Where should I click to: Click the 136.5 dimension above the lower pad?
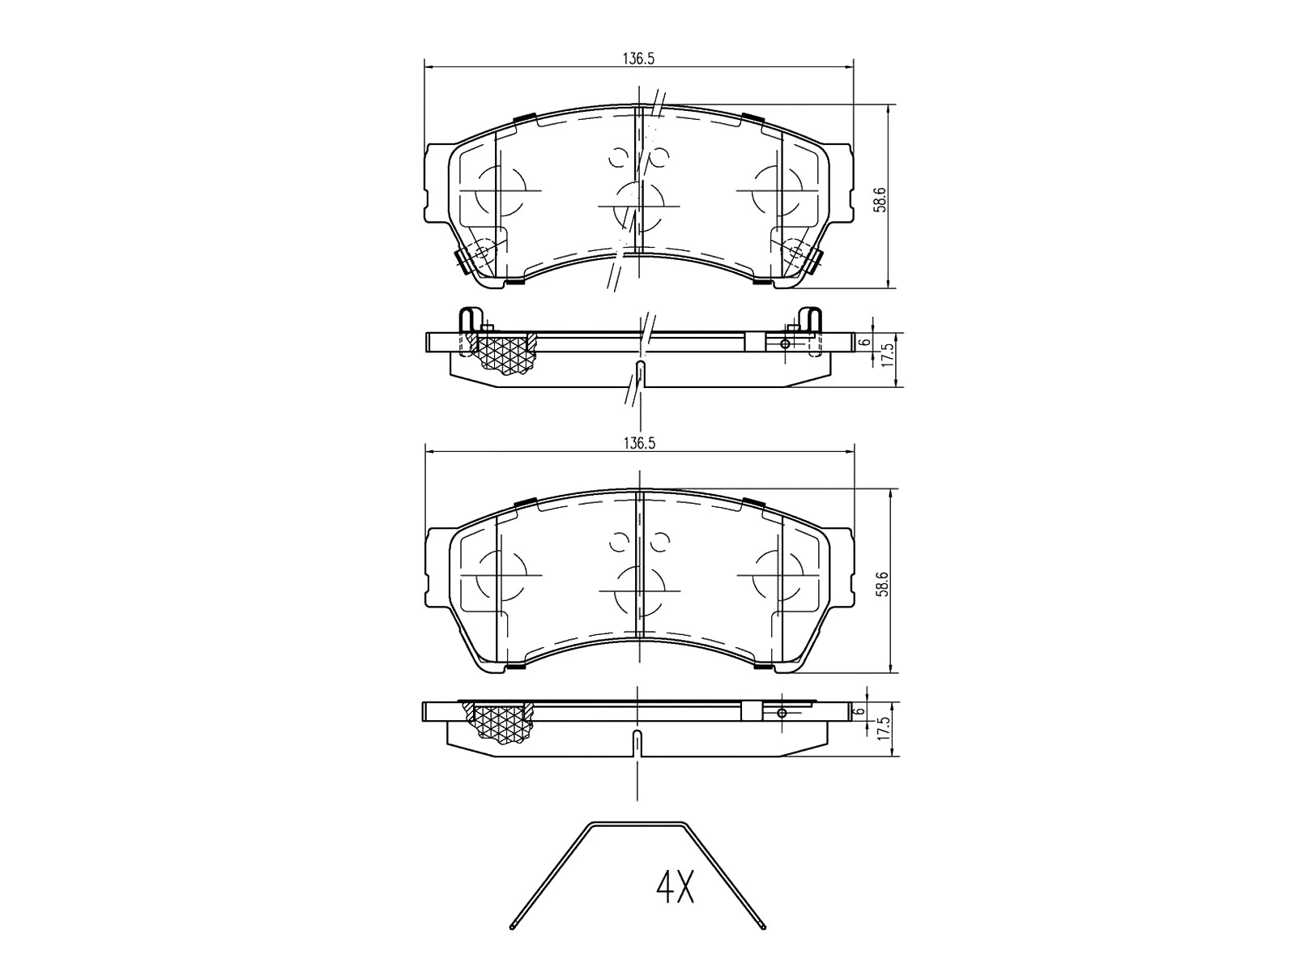(638, 444)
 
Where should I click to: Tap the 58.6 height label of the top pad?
(882, 198)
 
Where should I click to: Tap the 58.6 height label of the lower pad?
(882, 583)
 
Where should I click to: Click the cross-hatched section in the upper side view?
(507, 354)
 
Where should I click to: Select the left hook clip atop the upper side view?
(470, 319)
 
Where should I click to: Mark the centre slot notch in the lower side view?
(637, 740)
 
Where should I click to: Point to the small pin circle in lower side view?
(782, 713)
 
